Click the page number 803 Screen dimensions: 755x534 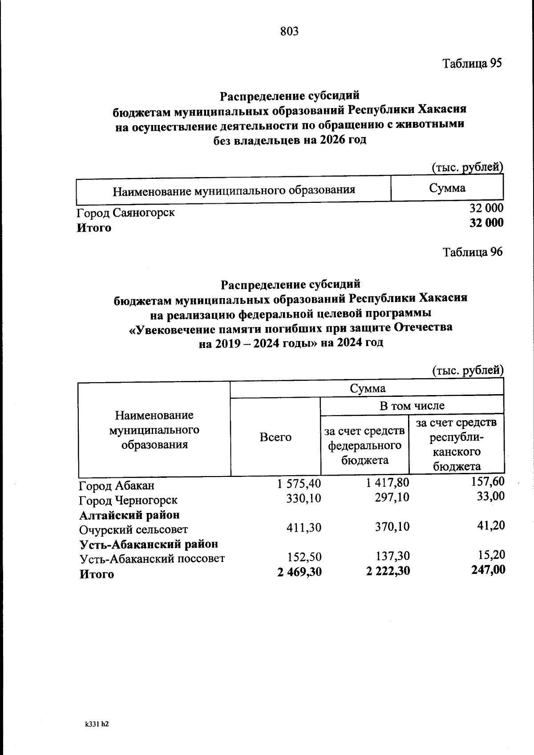(x=289, y=32)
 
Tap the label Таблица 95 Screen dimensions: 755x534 (x=472, y=63)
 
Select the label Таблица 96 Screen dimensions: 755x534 (x=472, y=252)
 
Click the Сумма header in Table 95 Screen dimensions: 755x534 (x=447, y=188)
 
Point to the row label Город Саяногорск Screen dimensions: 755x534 (x=125, y=213)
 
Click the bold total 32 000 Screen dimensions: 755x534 (x=486, y=223)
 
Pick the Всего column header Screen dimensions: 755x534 (x=275, y=437)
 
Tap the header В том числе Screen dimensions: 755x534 (x=412, y=405)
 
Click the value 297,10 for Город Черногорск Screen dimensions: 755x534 (x=392, y=497)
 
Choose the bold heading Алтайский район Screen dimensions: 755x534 (x=129, y=515)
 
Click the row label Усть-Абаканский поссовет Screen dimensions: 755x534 (x=152, y=559)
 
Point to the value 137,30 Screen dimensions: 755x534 (x=392, y=556)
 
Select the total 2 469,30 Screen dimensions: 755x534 (x=299, y=571)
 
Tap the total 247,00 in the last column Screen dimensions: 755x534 (x=488, y=570)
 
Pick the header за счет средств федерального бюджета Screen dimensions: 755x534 (x=364, y=445)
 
